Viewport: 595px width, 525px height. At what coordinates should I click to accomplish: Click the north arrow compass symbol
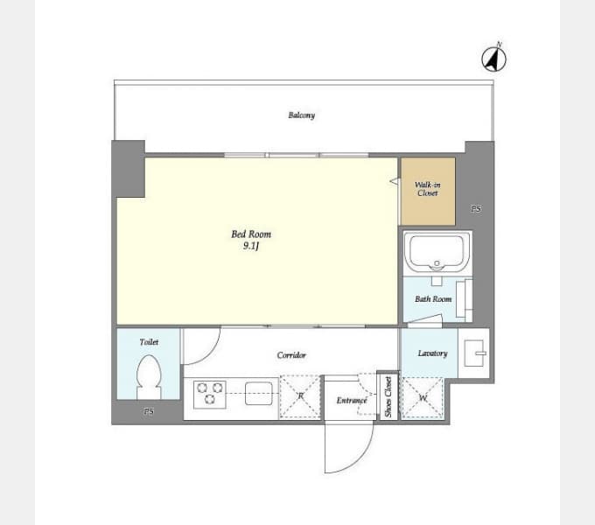pyautogui.click(x=493, y=59)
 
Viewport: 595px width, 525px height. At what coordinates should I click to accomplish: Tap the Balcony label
pyautogui.click(x=302, y=115)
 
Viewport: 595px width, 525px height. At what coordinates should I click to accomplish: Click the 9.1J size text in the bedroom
pyautogui.click(x=251, y=246)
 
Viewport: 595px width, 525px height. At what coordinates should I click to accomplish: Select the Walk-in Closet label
pyautogui.click(x=428, y=189)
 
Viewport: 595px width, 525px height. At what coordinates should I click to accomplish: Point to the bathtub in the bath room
pyautogui.click(x=437, y=252)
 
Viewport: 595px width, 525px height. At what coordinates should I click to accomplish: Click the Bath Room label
pyautogui.click(x=433, y=299)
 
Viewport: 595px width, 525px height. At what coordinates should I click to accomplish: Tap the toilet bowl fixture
pyautogui.click(x=149, y=376)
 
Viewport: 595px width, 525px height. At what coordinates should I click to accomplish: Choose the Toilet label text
pyautogui.click(x=149, y=342)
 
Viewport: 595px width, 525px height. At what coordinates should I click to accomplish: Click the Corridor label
pyautogui.click(x=291, y=355)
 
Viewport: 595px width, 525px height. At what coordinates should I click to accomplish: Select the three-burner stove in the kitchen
pyautogui.click(x=210, y=395)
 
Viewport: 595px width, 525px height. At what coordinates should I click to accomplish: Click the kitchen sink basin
pyautogui.click(x=259, y=394)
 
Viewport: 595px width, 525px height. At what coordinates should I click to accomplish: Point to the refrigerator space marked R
pyautogui.click(x=300, y=397)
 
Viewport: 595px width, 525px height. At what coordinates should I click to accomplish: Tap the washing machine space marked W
pyautogui.click(x=423, y=398)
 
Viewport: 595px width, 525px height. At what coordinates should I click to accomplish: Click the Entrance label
pyautogui.click(x=352, y=400)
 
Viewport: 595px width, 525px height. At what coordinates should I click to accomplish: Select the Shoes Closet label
pyautogui.click(x=388, y=396)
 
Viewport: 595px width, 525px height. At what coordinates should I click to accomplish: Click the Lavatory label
pyautogui.click(x=432, y=353)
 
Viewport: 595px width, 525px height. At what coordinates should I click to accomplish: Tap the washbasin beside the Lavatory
pyautogui.click(x=474, y=353)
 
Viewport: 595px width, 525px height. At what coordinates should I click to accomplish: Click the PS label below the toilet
pyautogui.click(x=149, y=411)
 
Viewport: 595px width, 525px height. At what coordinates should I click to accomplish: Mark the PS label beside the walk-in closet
pyautogui.click(x=476, y=208)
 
